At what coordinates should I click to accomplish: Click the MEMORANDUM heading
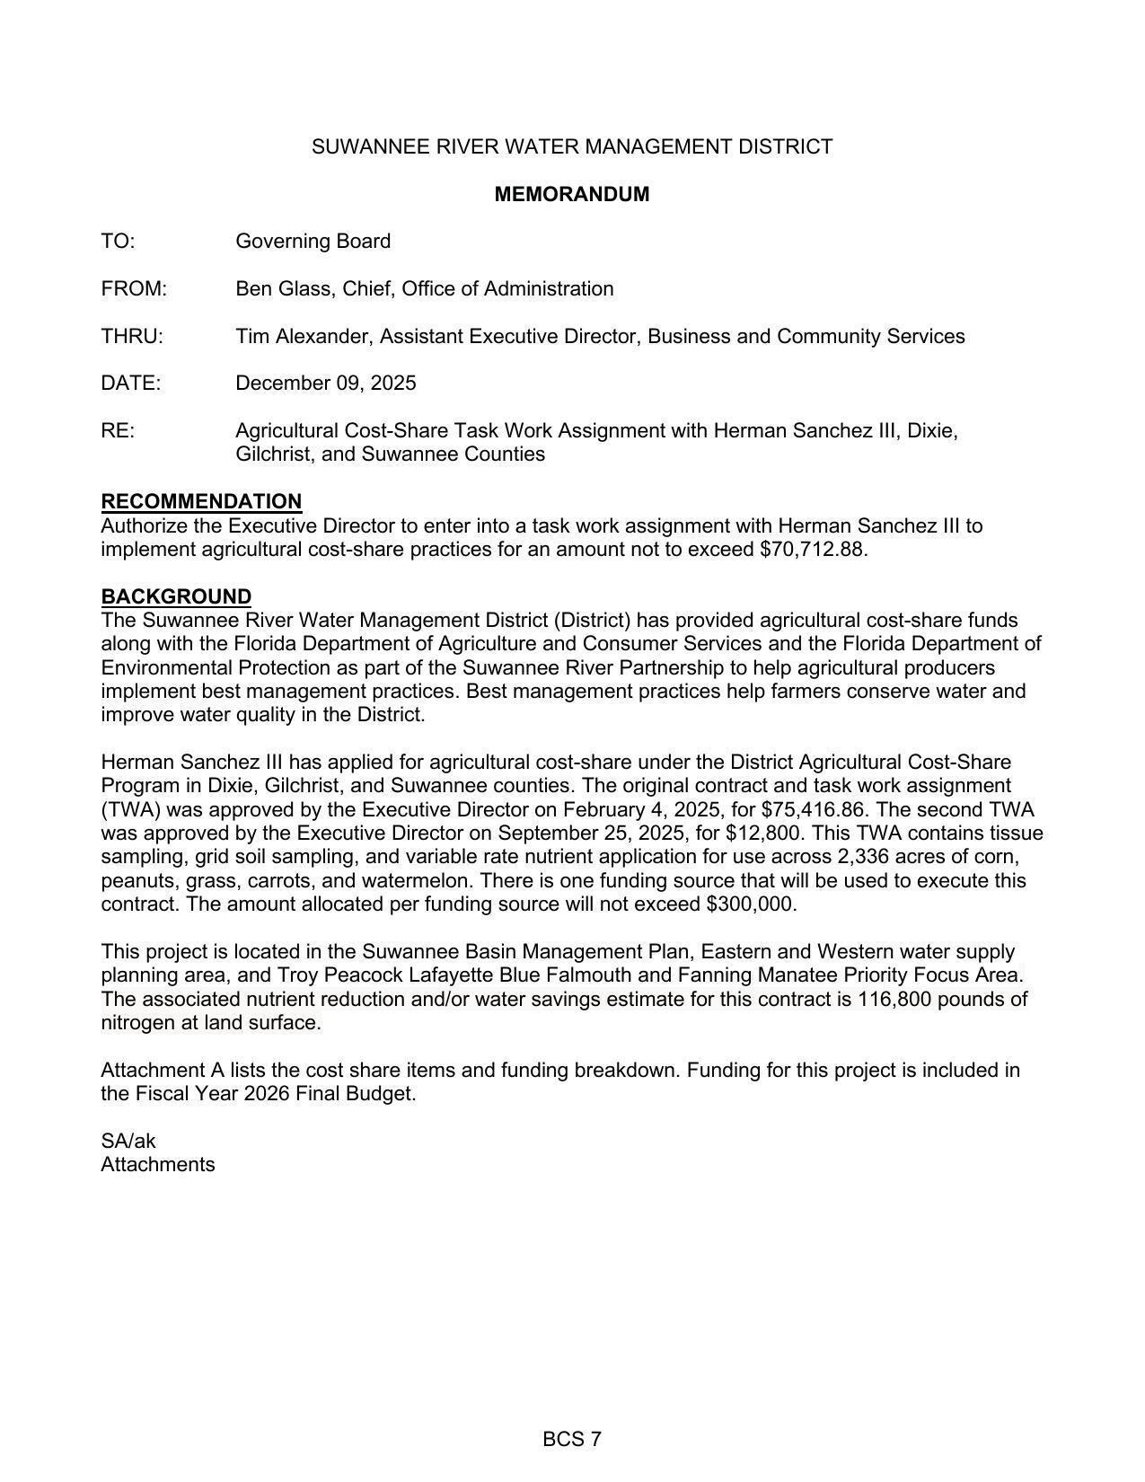point(571,194)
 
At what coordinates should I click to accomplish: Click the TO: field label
point(118,242)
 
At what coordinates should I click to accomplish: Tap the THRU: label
point(132,337)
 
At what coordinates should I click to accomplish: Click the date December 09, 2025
point(325,384)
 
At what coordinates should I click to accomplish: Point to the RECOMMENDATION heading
point(201,501)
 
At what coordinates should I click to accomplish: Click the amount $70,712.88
point(812,549)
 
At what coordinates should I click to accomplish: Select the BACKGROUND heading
point(176,596)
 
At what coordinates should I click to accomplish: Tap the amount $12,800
point(762,833)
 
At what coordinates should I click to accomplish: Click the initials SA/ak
point(128,1142)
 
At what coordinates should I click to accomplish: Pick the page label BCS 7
point(571,1440)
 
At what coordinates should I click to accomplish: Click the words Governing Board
point(313,242)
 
